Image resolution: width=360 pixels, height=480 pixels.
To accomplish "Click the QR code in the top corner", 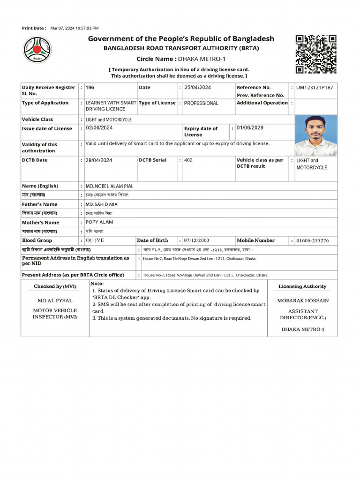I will (316, 54).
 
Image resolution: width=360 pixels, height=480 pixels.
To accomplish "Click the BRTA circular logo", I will (38, 50).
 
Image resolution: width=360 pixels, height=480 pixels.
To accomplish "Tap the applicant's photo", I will (315, 135).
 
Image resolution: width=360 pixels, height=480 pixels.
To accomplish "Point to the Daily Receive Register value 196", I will (90, 88).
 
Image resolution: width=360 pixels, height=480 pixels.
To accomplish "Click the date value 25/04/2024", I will (197, 88).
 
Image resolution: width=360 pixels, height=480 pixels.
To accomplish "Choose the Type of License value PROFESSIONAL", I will (201, 103).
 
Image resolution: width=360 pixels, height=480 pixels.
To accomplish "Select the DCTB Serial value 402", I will (188, 160).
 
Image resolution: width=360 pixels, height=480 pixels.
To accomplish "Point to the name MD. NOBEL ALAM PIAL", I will (109, 186).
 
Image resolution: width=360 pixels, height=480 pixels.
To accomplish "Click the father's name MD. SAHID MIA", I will (101, 204).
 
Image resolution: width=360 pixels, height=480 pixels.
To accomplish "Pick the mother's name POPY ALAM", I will (99, 222).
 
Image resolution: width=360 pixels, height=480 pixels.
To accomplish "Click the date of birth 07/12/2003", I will (196, 240).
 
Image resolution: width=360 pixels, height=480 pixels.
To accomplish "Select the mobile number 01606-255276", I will (313, 240).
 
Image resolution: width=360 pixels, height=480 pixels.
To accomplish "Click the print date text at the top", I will (60, 29).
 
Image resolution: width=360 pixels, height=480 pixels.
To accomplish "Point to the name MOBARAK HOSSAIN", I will (303, 300).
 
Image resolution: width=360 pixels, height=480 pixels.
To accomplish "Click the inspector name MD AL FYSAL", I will (54, 300).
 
